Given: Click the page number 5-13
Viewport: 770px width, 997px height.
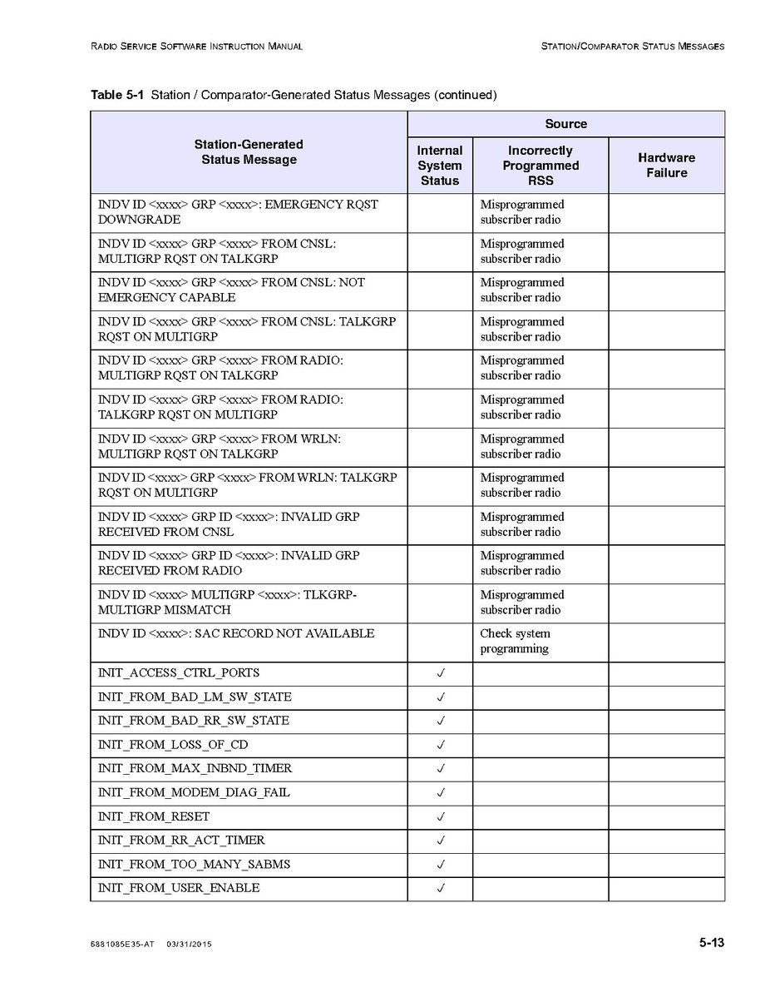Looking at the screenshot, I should click(x=711, y=943).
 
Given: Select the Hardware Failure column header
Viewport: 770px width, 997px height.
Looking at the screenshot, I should click(x=666, y=165).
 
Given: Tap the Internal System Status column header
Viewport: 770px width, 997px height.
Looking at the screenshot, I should click(x=439, y=165).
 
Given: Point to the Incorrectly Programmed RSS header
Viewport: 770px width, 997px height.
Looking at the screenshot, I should click(x=540, y=165).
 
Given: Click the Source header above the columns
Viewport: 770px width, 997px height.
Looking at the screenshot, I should click(x=565, y=124).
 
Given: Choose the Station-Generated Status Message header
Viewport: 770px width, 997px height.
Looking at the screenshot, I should click(x=249, y=152).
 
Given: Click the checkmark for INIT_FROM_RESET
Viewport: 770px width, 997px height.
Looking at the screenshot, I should click(x=441, y=816).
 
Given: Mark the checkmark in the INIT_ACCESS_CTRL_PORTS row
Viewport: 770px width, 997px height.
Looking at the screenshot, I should click(x=441, y=673).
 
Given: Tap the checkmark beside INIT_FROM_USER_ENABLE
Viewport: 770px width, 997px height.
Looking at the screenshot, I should click(x=441, y=888).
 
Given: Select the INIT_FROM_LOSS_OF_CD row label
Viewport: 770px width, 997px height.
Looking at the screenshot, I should click(x=173, y=745).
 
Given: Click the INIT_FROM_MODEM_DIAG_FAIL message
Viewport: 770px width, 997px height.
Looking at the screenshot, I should click(x=194, y=792).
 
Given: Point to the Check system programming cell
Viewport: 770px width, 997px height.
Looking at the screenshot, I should click(x=515, y=641).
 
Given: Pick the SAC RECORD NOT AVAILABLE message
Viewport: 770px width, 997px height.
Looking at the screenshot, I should click(x=236, y=634).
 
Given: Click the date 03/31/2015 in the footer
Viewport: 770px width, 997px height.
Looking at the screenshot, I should click(x=189, y=945).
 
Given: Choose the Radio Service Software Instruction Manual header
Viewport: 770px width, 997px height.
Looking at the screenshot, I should click(x=196, y=47).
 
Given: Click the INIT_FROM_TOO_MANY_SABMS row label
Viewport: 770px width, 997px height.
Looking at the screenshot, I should click(x=194, y=864).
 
